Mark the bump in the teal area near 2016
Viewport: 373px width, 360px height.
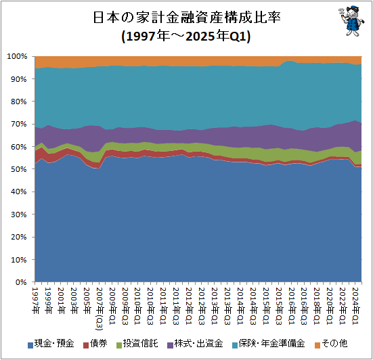click(x=290, y=63)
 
